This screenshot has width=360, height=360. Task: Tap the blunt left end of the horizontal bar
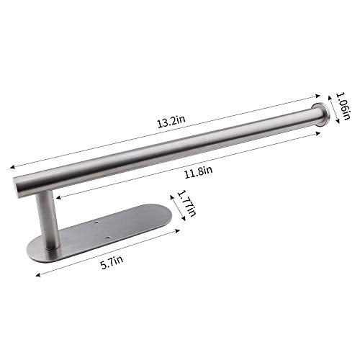[x=17, y=183]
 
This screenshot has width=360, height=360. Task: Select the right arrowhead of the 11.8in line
[x=315, y=128]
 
